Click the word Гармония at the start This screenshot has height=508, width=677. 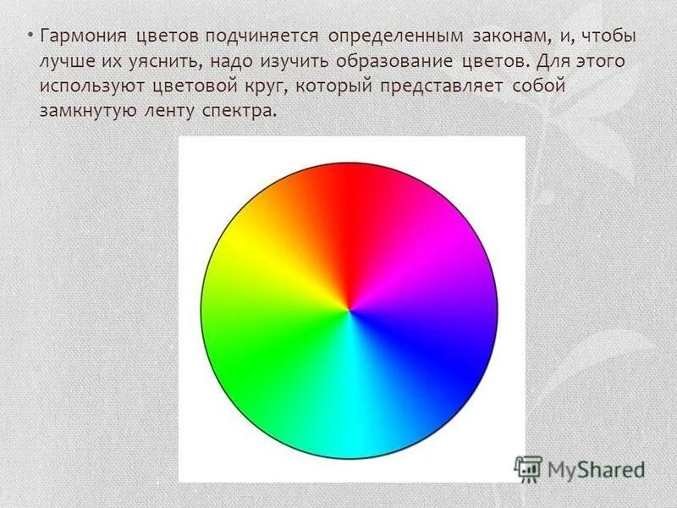click(82, 38)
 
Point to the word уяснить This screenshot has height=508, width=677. click(161, 63)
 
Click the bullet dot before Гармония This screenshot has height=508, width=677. click(30, 38)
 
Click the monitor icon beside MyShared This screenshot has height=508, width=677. click(528, 468)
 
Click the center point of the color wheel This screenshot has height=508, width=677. click(349, 311)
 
